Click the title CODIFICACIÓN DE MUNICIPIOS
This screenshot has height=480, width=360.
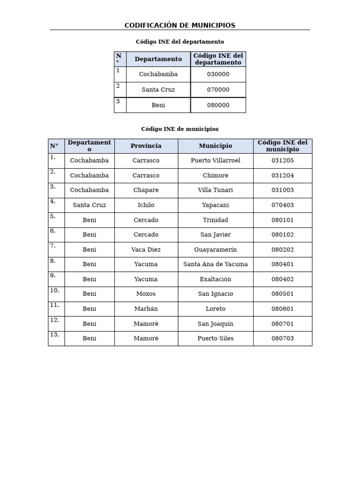[180, 25]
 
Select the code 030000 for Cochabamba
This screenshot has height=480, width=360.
[218, 74]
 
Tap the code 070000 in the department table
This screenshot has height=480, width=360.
[218, 90]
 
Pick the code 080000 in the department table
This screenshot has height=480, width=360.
[218, 105]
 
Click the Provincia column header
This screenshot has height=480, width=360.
[146, 146]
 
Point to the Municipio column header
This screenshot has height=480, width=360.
[215, 146]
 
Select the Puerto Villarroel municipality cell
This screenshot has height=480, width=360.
[215, 160]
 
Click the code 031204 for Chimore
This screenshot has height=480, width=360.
[282, 175]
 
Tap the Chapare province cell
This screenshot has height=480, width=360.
[146, 190]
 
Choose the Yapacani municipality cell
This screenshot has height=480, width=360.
[215, 205]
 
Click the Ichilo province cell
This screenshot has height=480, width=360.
[146, 205]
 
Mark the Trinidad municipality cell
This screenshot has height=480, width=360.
[215, 220]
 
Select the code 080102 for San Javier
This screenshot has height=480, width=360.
[282, 234]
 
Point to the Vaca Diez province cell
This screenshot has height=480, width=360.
[146, 249]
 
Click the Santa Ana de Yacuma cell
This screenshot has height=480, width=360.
[215, 264]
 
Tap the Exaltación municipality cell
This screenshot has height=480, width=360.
[215, 279]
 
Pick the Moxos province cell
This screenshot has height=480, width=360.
[146, 294]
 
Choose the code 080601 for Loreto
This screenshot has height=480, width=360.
[282, 309]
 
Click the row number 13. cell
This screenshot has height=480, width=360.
[56, 337]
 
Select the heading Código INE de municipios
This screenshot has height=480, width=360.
[180, 129]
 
